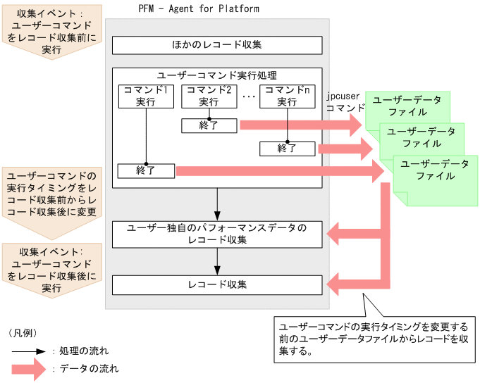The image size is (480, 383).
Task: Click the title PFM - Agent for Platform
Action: point(199,9)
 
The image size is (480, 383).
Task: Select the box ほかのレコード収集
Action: point(217,45)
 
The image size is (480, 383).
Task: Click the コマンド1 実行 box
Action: point(146,96)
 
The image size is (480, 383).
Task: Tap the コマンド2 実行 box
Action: point(209,96)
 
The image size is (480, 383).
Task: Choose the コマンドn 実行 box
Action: point(287,96)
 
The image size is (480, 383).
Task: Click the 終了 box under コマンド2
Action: point(209,125)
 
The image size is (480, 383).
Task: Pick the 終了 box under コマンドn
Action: point(287,149)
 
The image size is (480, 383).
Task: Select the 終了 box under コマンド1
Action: point(146,170)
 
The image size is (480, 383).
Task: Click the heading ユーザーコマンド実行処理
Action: point(216,75)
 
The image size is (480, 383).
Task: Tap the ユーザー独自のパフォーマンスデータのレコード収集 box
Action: point(217,234)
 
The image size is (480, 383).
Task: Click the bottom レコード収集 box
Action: point(217,284)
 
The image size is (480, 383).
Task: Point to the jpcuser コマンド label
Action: point(345,102)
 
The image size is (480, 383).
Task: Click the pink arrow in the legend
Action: point(28,368)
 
